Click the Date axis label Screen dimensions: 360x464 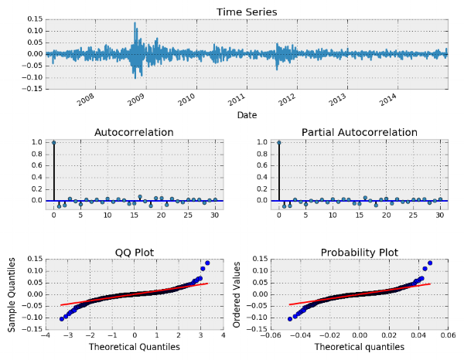coord(247,115)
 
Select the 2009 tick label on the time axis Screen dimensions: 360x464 coord(136,100)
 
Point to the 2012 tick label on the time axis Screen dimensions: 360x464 coord(287,100)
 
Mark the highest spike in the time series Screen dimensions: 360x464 coord(135,23)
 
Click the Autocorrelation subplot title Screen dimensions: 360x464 coord(134,133)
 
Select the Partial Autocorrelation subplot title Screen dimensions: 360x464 coord(360,133)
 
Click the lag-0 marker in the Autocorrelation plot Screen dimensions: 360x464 coord(53,142)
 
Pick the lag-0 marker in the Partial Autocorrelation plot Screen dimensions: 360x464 coord(278,142)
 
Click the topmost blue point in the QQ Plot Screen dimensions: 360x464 coord(207,263)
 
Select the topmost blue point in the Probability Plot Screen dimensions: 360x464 coord(429,263)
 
